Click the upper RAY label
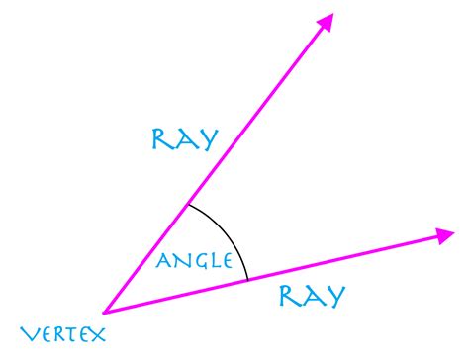(x=183, y=139)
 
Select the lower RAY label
(x=311, y=296)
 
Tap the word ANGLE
(x=195, y=262)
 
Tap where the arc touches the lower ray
(x=247, y=281)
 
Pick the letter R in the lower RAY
(x=289, y=296)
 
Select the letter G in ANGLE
(x=198, y=262)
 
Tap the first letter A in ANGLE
(x=164, y=262)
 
